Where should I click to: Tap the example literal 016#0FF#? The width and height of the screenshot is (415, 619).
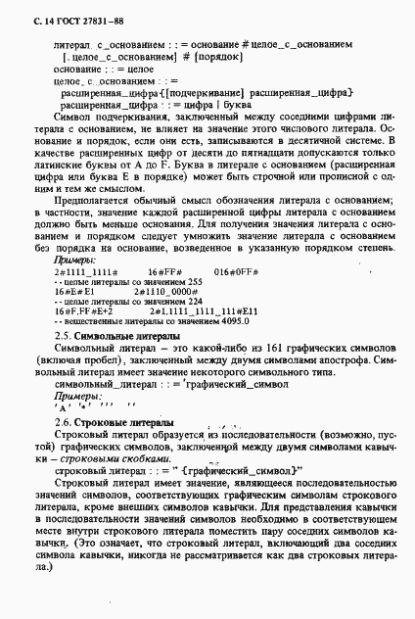coord(236,269)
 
